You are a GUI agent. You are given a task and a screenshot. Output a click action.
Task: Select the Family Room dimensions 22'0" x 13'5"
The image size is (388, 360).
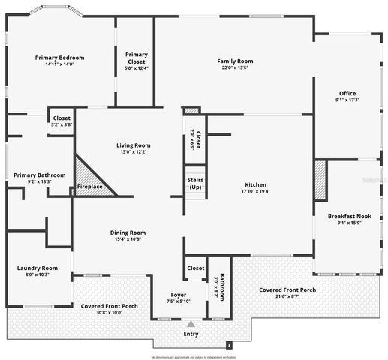[235, 68]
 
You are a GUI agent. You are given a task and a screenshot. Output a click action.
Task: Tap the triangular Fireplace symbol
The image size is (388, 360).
[89, 180]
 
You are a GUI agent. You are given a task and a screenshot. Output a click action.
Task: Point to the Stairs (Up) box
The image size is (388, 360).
[195, 183]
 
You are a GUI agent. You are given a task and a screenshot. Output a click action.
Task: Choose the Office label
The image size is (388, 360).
[347, 94]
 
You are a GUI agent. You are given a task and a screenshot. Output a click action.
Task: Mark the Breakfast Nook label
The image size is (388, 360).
[350, 216]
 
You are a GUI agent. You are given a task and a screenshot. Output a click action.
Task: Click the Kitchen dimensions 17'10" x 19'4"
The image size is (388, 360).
[256, 192]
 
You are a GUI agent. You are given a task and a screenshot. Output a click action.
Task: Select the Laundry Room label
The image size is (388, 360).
[38, 268]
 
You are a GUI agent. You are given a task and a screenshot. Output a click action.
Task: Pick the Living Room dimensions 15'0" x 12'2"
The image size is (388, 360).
[133, 152]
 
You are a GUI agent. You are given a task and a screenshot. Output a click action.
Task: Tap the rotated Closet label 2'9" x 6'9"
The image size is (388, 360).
[194, 139]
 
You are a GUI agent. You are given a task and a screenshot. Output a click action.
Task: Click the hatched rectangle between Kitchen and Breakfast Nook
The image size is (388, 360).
[320, 181]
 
